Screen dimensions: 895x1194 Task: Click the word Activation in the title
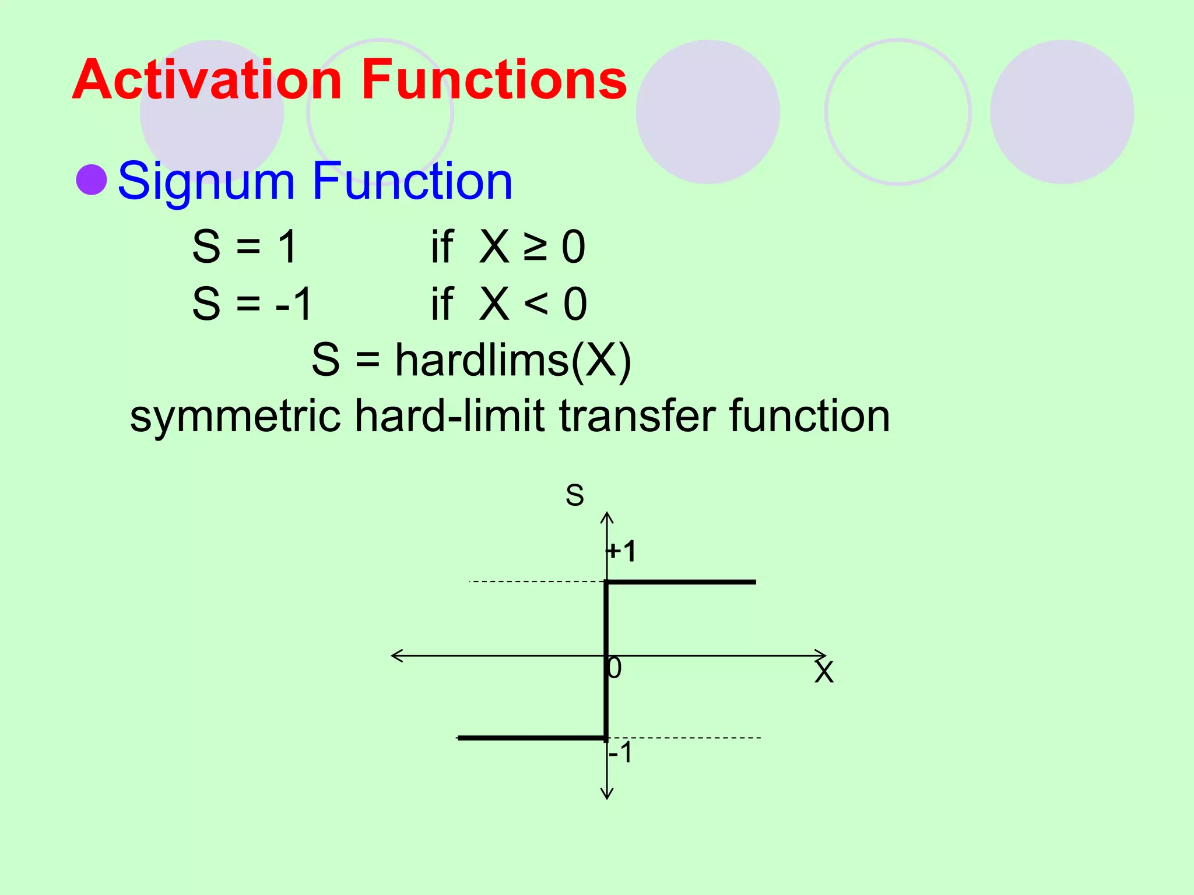[206, 80]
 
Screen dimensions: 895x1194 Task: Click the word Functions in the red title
[493, 80]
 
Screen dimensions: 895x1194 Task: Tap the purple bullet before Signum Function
[92, 179]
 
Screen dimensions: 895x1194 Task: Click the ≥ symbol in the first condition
[535, 247]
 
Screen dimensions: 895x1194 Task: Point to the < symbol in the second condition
[535, 304]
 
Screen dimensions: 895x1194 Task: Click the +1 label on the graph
[621, 551]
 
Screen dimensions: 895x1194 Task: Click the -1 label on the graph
[620, 753]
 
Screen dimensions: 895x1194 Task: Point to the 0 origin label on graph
[614, 668]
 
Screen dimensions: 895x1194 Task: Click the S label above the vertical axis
[574, 495]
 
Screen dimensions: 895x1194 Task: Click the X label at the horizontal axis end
[824, 672]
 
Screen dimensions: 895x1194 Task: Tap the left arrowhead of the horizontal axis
[396, 656]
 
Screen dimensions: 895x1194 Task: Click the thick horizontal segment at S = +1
[682, 582]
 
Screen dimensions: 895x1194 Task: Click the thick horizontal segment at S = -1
[531, 738]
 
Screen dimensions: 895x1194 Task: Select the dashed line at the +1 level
[536, 582]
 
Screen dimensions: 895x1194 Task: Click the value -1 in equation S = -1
[294, 304]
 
